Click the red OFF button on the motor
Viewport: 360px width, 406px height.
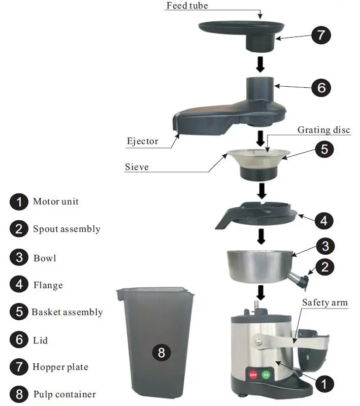[x=252, y=375]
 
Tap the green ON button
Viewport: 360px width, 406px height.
[x=266, y=375]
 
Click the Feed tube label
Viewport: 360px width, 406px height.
[x=187, y=6]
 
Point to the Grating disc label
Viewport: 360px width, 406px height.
[x=324, y=130]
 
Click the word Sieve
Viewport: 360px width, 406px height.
[x=137, y=166]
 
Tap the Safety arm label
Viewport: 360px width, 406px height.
[x=325, y=302]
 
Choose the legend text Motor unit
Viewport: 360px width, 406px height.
[x=56, y=201]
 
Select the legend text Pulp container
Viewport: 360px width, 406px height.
[x=64, y=394]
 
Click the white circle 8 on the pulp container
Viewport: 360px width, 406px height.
[x=161, y=352]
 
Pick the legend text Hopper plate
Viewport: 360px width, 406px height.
[x=60, y=366]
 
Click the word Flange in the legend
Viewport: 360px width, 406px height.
[x=48, y=285]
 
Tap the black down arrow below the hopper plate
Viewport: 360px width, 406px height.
[x=260, y=63]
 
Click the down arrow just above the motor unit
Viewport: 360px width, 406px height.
[x=261, y=292]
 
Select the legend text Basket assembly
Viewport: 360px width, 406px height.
[x=67, y=312]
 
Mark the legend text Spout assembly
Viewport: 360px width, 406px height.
[x=67, y=229]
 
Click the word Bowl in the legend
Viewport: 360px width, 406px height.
[x=45, y=258]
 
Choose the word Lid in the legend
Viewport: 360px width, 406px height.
[x=41, y=340]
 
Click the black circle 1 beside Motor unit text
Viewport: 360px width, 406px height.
[x=19, y=202]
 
